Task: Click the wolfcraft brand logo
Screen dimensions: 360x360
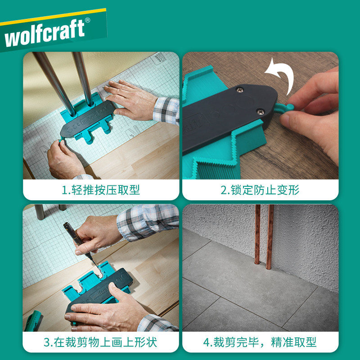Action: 45,34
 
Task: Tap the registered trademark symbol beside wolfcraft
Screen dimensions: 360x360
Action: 87,21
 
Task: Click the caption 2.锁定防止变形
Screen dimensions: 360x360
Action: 260,189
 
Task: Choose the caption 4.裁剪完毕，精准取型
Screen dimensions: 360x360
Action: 260,342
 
